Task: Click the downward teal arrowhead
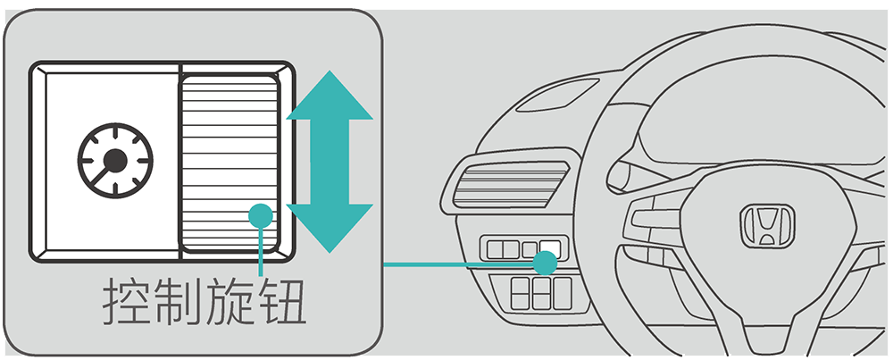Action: point(328,227)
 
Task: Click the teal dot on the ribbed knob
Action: point(260,215)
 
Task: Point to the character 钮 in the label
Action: point(285,306)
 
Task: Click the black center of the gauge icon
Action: point(114,162)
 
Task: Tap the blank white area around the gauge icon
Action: point(71,214)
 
